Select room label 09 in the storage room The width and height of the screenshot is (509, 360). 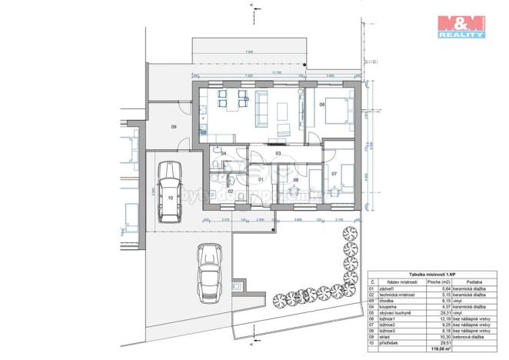pyautogui.click(x=174, y=126)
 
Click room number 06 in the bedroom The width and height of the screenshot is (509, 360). pyautogui.click(x=322, y=104)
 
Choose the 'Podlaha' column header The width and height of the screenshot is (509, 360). pyautogui.click(x=473, y=282)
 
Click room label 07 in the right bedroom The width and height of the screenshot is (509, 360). pyautogui.click(x=334, y=175)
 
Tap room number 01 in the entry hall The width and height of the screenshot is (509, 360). pyautogui.click(x=261, y=180)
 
